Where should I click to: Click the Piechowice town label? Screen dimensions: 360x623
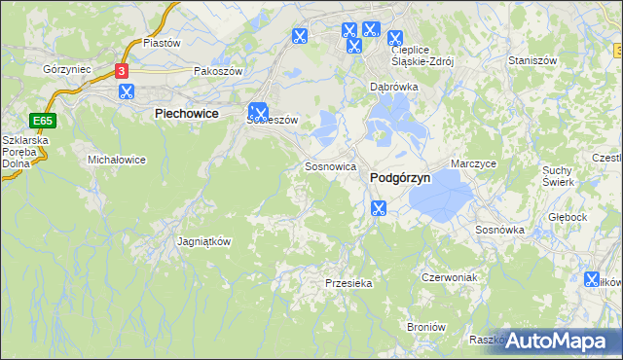185,114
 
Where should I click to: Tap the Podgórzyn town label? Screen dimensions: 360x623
400,178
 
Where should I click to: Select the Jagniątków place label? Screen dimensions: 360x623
204,241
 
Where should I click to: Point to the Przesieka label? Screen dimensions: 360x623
348,283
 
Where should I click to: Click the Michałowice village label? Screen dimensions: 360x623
117,159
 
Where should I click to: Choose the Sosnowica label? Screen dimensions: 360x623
329,166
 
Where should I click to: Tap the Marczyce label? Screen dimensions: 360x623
474,163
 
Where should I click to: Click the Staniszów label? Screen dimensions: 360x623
531,60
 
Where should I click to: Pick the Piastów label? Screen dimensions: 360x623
163,43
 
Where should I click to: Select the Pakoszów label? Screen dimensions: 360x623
217,71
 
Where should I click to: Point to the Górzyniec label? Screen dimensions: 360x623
67,70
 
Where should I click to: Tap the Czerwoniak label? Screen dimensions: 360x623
448,277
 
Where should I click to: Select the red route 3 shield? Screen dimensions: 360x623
121,71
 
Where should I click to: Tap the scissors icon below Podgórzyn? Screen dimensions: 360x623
379,207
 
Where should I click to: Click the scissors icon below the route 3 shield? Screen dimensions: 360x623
126,92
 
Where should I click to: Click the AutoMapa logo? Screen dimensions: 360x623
559,341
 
